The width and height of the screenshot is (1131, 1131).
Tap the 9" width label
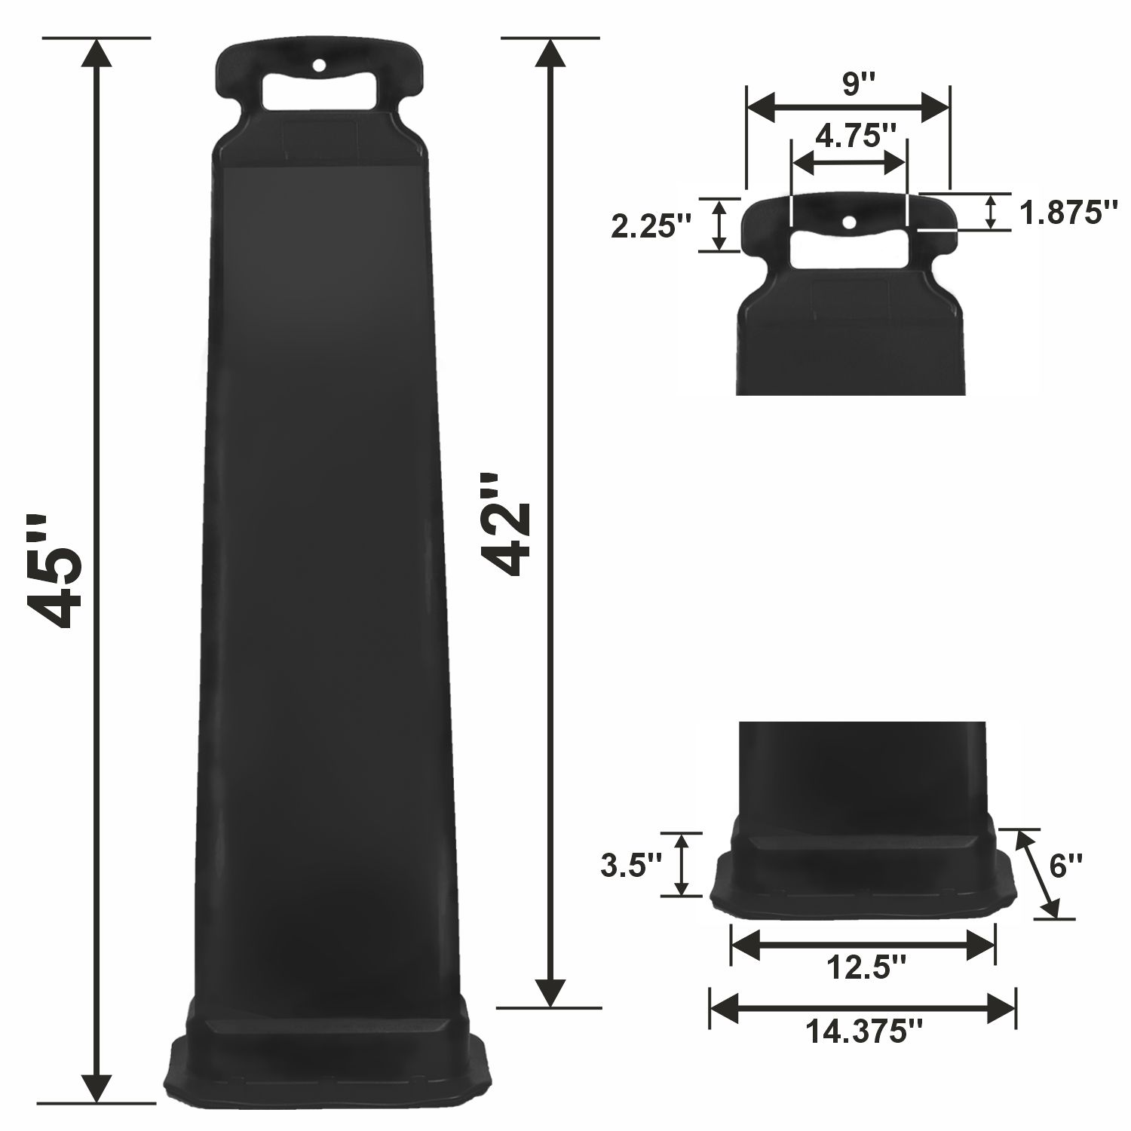click(851, 84)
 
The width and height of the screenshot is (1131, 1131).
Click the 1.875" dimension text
click(1067, 213)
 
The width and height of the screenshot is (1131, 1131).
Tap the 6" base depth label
click(1065, 866)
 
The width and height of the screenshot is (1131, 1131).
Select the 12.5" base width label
click(863, 966)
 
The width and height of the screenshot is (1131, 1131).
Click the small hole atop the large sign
click(319, 66)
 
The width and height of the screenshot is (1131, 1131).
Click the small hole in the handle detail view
click(850, 222)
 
